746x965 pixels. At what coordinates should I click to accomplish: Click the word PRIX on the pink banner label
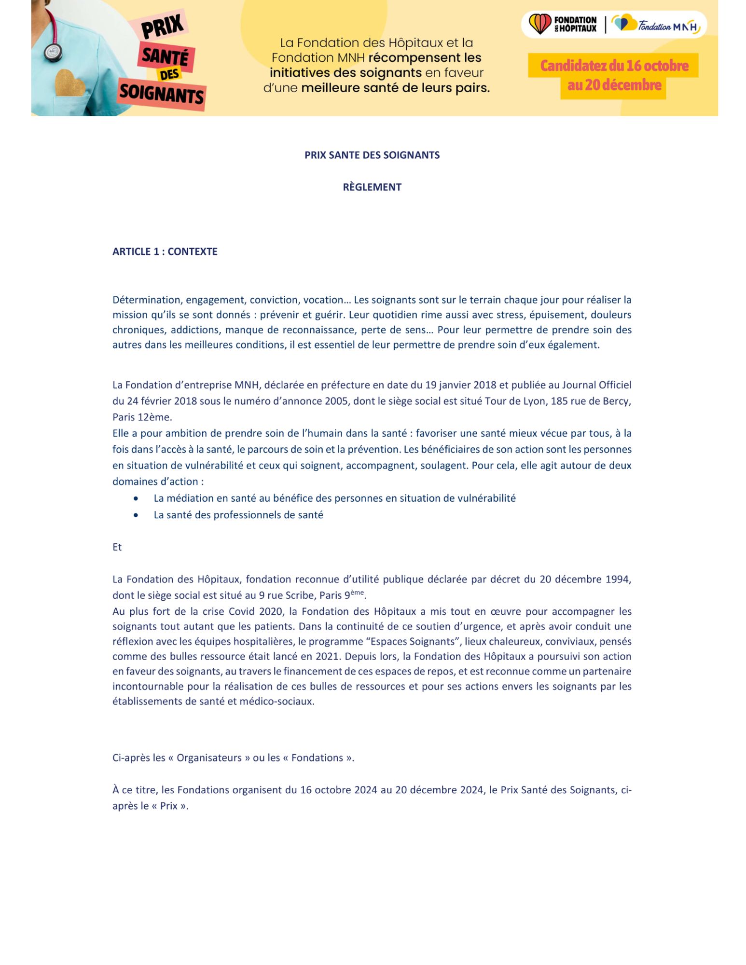coord(162,27)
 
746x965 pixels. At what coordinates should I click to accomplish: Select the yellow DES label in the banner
coord(169,74)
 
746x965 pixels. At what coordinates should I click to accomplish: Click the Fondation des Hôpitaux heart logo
coord(539,24)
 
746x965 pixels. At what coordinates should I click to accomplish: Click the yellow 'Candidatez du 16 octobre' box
coord(614,66)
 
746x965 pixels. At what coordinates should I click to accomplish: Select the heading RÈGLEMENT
coord(372,187)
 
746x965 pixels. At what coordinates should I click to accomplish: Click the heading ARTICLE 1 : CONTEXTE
coord(165,251)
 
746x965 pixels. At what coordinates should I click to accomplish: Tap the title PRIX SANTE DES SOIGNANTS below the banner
coord(372,155)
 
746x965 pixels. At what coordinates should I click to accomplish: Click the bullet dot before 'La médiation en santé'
coord(136,498)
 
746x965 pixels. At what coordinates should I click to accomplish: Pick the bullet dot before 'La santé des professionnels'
coord(136,515)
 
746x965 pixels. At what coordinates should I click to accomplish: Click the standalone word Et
coord(117,547)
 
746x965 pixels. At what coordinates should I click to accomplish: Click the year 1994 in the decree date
coord(619,579)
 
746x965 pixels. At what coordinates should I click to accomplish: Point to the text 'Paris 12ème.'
coord(142,417)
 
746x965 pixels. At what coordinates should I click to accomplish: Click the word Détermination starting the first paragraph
coord(146,300)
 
